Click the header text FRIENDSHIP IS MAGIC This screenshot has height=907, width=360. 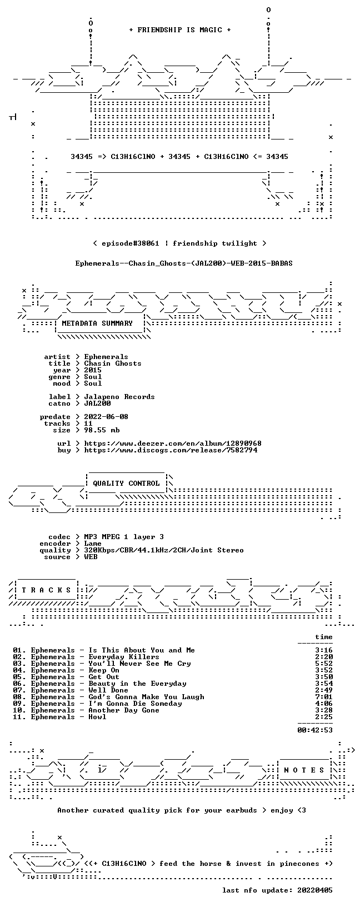click(x=180, y=30)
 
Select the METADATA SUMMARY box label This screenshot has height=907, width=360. click(x=97, y=323)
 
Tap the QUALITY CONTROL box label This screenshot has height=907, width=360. click(x=126, y=484)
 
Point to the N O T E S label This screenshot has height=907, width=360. click(x=304, y=770)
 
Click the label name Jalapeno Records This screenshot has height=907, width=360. click(x=119, y=397)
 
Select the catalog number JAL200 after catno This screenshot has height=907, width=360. click(x=98, y=403)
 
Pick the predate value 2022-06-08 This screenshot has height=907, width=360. click(x=107, y=417)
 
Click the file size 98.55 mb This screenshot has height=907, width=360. click(x=102, y=430)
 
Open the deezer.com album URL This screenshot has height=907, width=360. click(x=173, y=443)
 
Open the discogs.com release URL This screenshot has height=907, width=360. click(x=171, y=450)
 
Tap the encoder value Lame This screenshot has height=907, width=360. click(x=93, y=544)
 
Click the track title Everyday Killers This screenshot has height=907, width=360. click(x=124, y=657)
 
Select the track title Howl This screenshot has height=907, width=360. click(x=98, y=717)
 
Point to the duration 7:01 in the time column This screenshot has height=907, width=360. click(x=324, y=697)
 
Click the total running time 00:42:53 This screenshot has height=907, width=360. click(x=315, y=730)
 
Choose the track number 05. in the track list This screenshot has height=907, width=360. click(x=19, y=676)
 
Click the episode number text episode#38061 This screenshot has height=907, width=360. click(x=131, y=243)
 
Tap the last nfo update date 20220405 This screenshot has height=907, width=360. click(x=315, y=890)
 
